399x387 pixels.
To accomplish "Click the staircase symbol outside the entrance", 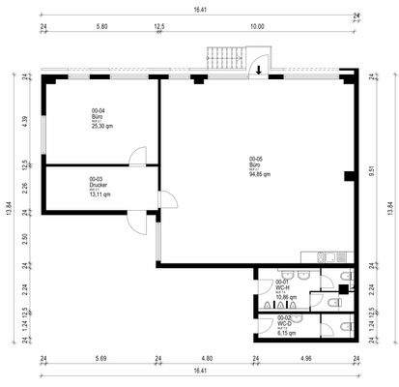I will pyautogui.click(x=224, y=57).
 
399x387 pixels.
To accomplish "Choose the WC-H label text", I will pyautogui.click(x=282, y=286).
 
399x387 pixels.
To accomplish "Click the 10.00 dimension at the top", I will pyautogui.click(x=256, y=27).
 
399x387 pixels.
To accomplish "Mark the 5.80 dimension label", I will pyautogui.click(x=101, y=27).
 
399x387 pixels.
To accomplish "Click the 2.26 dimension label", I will pyautogui.click(x=24, y=189).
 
